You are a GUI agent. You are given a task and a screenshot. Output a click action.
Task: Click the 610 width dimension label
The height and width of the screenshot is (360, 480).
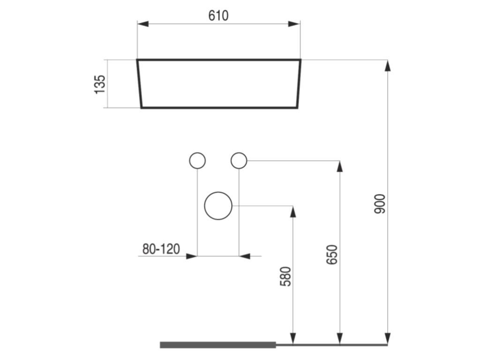coord(218,15)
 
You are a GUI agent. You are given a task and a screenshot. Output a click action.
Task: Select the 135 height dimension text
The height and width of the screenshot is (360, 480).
coord(100,84)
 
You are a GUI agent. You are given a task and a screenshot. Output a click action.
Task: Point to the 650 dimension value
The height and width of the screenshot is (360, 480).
coord(332,255)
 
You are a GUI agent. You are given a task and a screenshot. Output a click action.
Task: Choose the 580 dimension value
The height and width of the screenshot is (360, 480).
coord(285,276)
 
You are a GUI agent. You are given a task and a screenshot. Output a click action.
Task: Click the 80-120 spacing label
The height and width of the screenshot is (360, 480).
coord(161,249)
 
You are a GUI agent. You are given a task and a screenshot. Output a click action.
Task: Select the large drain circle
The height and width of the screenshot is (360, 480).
coord(218,206)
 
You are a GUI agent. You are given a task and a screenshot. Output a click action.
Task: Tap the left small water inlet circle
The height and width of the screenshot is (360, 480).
coord(197,161)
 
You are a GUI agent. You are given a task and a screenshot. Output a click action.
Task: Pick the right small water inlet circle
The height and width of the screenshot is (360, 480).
coord(239,161)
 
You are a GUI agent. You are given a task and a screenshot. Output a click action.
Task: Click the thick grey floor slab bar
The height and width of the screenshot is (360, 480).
coord(218,345)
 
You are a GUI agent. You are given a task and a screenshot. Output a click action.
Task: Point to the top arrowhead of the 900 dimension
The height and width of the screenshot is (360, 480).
coord(388,65)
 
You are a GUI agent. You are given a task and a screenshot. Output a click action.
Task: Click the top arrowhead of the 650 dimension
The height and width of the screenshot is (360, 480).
coord(340,166)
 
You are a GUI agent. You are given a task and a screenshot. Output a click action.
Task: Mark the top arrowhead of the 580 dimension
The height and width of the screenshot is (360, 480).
coord(293,211)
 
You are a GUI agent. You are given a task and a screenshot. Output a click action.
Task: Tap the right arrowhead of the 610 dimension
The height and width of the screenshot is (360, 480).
coord(294,24)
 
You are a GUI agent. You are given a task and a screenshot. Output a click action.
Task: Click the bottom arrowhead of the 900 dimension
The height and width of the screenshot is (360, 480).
coord(388,338)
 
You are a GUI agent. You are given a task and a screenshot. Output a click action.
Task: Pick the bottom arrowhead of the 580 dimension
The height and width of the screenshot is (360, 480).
coord(293,338)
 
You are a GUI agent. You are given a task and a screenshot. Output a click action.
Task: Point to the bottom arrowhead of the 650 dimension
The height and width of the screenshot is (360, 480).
coord(340,338)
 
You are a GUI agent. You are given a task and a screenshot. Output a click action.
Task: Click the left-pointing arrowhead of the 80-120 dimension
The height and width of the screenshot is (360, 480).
coord(244,256)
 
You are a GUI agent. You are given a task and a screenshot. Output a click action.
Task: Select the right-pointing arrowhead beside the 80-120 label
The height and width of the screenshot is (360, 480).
coord(191,256)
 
